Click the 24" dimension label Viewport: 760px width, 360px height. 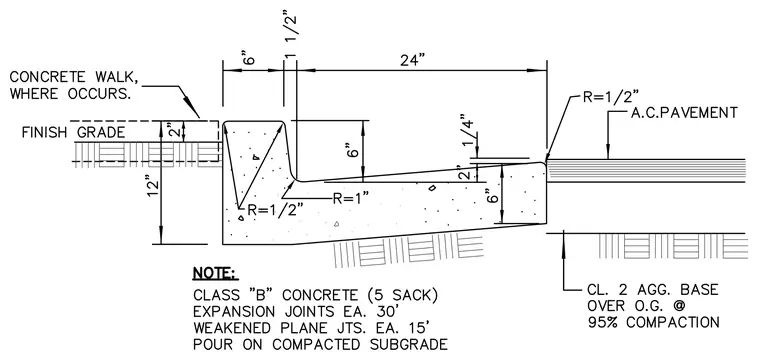tap(412, 61)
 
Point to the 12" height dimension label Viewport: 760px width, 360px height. tap(154, 191)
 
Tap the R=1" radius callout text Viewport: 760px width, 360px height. tap(350, 198)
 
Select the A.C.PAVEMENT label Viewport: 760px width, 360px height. tap(684, 113)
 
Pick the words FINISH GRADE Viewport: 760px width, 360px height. tap(73, 132)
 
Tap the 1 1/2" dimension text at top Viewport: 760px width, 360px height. tap(290, 36)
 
